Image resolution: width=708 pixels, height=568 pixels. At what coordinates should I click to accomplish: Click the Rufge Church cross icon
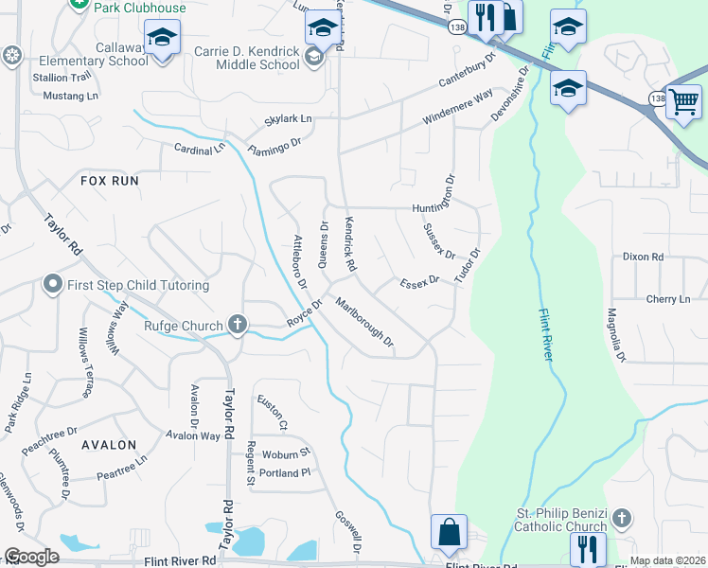click(x=238, y=326)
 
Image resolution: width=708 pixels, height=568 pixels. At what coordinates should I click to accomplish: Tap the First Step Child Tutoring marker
click(x=54, y=284)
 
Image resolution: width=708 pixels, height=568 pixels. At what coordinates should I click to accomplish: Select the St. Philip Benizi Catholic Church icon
click(x=621, y=518)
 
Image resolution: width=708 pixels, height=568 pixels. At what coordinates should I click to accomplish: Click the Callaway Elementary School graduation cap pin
click(x=162, y=38)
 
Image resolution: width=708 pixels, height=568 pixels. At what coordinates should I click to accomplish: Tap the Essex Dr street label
click(x=420, y=282)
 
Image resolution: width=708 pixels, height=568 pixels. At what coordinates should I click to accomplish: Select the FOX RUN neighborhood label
click(x=110, y=180)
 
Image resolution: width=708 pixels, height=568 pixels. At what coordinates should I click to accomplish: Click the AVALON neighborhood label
click(x=109, y=444)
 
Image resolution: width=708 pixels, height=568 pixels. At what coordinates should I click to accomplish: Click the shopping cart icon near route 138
click(x=682, y=99)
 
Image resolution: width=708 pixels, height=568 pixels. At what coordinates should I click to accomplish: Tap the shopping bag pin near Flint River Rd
click(x=449, y=532)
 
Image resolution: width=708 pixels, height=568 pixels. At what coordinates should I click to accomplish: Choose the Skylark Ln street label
click(x=288, y=119)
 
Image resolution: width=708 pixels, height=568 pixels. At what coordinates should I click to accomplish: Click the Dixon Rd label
click(x=644, y=257)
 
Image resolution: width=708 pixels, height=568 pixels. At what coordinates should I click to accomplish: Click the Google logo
click(x=31, y=557)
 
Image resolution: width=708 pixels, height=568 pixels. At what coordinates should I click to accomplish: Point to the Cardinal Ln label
click(x=200, y=149)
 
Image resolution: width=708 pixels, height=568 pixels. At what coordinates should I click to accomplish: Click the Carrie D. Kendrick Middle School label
click(x=246, y=59)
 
